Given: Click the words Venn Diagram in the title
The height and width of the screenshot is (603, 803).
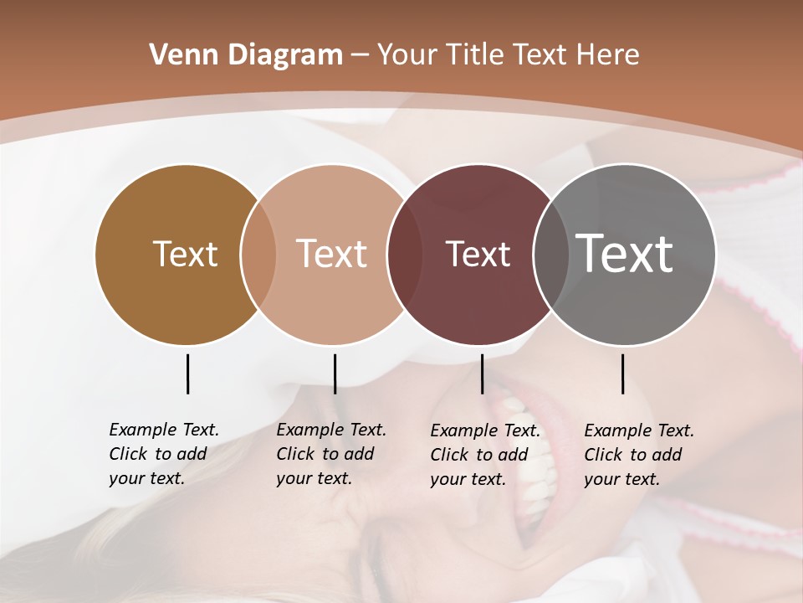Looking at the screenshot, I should pos(246,55).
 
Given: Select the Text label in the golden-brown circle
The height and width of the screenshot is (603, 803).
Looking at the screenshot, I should pos(185,254).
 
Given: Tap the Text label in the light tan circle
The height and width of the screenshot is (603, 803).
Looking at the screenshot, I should pos(331,254).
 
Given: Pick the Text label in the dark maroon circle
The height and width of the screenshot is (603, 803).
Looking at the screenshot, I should pos(478,254).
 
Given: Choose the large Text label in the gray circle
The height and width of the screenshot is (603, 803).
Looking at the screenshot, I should pos(625,253).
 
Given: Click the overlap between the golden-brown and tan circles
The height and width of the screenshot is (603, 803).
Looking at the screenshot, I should pos(258,255).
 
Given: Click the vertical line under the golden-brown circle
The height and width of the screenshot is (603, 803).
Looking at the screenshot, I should pos(187,374).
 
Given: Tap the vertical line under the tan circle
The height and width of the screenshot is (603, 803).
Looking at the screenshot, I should pos(335,374).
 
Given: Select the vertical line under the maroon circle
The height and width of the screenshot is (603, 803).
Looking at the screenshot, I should pos(482,374).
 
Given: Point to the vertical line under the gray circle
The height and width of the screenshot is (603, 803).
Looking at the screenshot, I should pos(623,374).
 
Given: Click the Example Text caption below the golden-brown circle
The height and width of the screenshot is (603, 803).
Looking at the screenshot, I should pos(163,454).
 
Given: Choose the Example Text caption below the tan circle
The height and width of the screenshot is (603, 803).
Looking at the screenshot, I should pos(330,454).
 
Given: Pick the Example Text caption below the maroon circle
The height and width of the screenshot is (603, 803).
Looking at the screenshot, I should pos(484,455).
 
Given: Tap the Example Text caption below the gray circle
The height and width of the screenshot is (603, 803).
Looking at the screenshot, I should pos(638,455).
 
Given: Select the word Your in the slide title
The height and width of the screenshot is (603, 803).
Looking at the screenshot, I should pos(407,55).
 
